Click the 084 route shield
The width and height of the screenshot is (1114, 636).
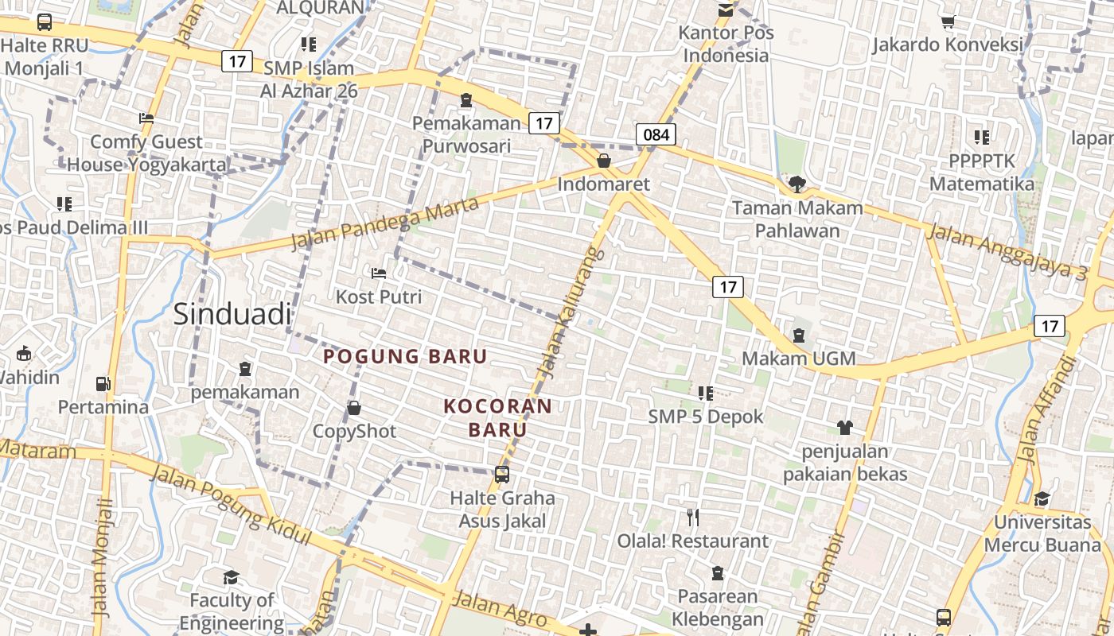coord(656,134)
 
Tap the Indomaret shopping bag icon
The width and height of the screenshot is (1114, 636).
coord(604,161)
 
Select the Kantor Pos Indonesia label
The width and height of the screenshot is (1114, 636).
coord(726,45)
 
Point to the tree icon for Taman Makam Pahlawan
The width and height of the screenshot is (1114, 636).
coord(797,184)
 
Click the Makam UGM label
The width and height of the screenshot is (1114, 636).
coord(798,359)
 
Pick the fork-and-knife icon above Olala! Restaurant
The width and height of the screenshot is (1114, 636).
coord(693,518)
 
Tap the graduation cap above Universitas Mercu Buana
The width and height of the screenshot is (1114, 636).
coord(1042,498)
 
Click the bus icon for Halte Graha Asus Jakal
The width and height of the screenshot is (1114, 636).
coord(502,475)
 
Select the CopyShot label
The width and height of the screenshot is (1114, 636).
coord(354,431)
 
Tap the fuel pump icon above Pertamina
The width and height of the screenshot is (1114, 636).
coord(103,384)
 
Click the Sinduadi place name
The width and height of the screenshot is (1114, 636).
coord(232,314)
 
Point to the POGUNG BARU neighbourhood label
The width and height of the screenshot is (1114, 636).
coord(405,356)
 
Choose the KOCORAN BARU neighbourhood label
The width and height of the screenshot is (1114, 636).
coord(497,418)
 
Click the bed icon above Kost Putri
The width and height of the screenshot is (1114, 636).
coord(379,273)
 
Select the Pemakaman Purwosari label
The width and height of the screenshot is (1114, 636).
coord(465,135)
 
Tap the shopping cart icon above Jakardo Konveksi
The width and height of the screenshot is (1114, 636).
coord(948,22)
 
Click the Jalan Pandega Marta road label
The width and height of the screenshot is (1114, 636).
coord(385,224)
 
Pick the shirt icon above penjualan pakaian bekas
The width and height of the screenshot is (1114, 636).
coord(845,428)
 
